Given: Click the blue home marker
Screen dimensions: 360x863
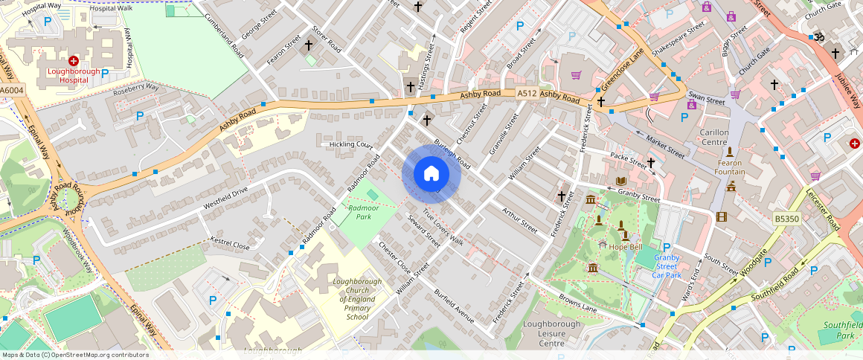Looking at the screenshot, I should [x=431, y=173].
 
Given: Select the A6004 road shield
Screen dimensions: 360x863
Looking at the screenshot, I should [x=12, y=91].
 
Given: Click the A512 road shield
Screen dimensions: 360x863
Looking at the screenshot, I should [x=527, y=93].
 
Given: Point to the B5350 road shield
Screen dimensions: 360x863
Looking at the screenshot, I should [x=786, y=219].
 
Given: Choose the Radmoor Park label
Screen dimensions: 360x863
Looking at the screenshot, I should [x=363, y=213].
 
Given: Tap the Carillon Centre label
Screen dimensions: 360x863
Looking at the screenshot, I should [x=714, y=137].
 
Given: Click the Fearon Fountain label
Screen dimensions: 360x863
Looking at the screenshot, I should [x=730, y=167].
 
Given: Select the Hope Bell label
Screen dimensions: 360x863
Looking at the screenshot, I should [x=625, y=247].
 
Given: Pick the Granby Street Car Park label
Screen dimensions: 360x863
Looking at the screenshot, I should [x=666, y=266].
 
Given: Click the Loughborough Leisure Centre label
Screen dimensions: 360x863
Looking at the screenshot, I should [x=551, y=334].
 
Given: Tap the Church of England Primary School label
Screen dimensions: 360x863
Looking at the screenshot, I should [x=357, y=299].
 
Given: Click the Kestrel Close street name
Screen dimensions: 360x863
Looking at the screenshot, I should [x=231, y=244].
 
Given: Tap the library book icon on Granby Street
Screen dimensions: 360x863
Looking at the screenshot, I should [x=621, y=181].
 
